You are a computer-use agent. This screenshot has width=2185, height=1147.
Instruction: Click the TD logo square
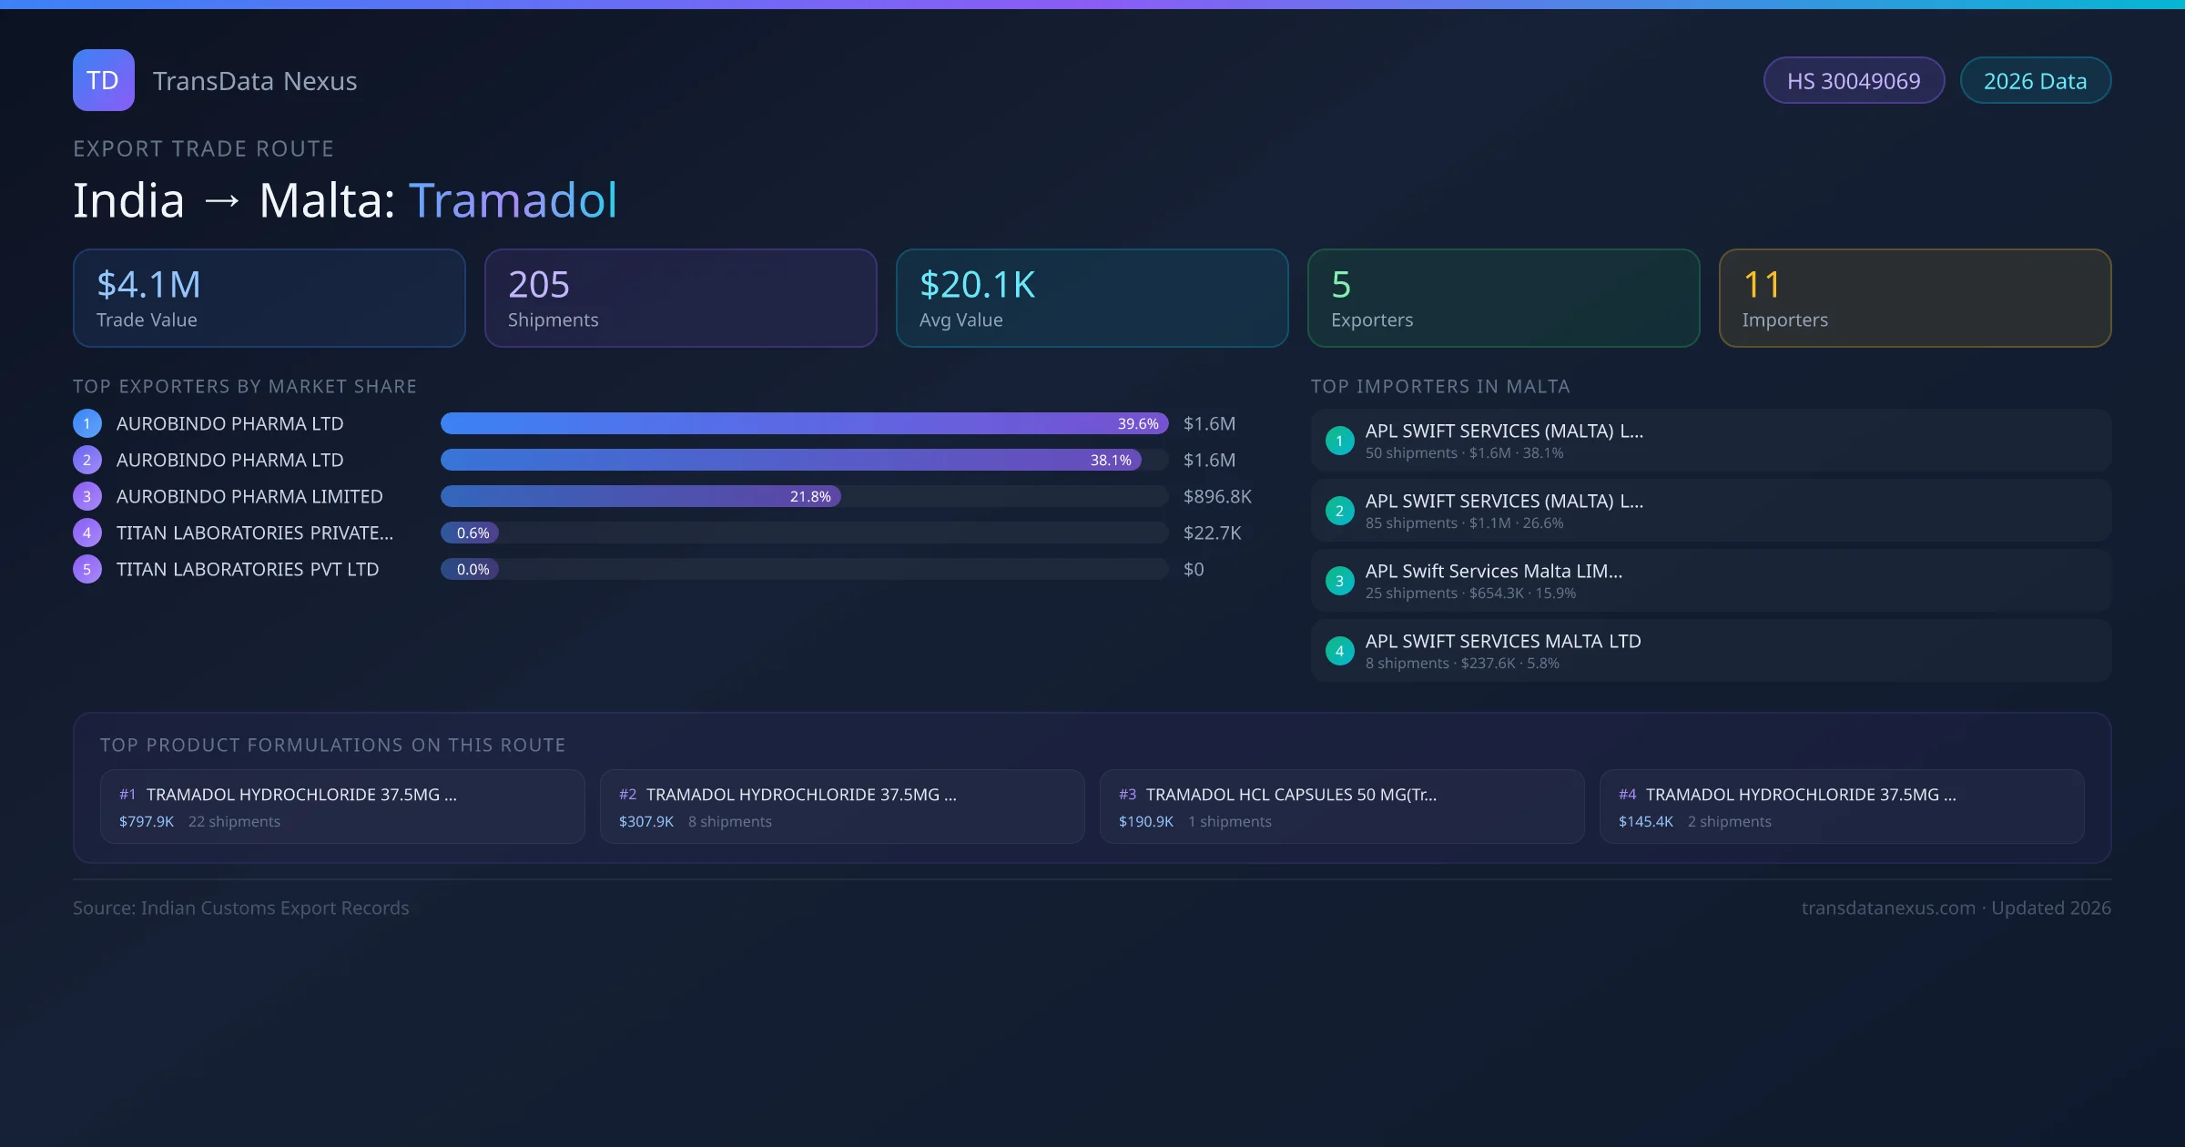click(103, 80)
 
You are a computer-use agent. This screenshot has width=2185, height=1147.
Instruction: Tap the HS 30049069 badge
click(1853, 81)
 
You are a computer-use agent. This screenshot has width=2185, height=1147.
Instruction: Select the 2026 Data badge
click(2035, 81)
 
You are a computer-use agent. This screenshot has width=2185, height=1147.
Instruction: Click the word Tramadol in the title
click(513, 200)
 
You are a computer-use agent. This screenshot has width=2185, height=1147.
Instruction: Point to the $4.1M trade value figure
click(148, 285)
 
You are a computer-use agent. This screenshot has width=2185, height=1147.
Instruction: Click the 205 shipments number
click(538, 285)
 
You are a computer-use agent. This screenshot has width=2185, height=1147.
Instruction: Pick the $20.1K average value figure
click(977, 285)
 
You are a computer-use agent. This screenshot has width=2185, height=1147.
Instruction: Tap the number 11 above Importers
click(1761, 285)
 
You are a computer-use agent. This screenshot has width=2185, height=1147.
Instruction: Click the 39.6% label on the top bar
click(1138, 423)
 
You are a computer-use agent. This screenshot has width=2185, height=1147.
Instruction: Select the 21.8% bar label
click(810, 496)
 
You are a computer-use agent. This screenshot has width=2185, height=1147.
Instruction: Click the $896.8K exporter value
click(1217, 496)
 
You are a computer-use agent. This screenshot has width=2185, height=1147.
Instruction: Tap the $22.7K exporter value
click(1212, 533)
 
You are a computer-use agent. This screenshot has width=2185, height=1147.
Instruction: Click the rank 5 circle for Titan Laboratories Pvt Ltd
click(87, 569)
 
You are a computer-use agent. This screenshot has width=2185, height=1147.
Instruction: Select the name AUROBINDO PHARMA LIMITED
click(249, 496)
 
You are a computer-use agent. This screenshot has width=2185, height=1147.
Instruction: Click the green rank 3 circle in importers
click(1339, 581)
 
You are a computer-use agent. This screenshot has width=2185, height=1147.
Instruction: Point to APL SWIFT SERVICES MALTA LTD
click(1503, 641)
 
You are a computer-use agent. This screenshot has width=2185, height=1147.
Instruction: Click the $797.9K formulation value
click(147, 821)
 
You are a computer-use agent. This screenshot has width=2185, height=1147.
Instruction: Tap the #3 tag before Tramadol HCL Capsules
click(1127, 795)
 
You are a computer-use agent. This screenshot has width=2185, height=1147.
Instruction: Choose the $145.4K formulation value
click(1645, 821)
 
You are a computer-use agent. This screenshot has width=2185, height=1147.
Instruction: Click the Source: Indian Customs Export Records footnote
click(241, 908)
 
